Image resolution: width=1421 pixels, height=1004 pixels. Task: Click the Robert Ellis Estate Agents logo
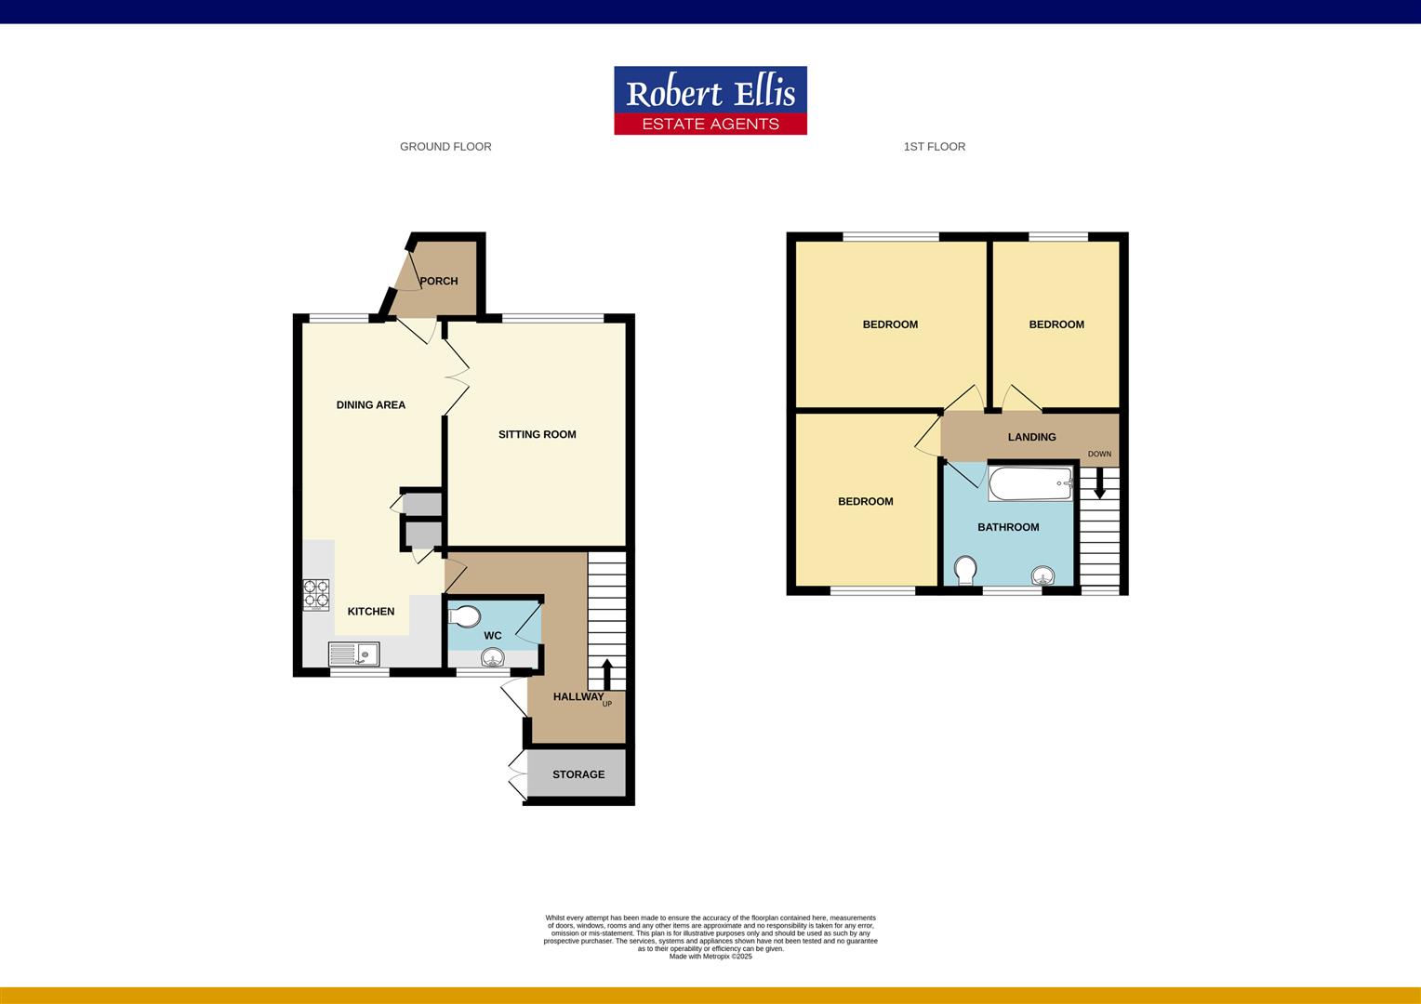point(710,100)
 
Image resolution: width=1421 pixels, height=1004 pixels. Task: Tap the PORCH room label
point(438,281)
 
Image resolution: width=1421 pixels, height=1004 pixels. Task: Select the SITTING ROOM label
point(537,434)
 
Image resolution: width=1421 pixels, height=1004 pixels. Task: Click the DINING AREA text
point(370,404)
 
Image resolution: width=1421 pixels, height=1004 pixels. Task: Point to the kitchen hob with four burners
point(316,594)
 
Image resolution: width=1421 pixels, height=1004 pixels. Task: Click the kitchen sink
point(353,654)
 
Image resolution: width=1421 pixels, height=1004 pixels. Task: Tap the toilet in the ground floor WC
point(463,615)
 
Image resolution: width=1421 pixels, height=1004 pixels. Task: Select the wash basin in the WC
point(492,658)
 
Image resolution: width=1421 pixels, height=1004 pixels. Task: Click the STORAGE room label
point(578,774)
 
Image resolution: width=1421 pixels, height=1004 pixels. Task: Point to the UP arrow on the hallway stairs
point(606,674)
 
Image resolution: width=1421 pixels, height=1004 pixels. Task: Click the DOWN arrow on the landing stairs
point(1099,482)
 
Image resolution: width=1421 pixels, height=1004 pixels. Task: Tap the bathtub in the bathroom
point(1030,483)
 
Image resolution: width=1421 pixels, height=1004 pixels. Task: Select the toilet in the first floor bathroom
point(965,571)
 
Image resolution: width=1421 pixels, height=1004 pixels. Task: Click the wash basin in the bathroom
point(1047,575)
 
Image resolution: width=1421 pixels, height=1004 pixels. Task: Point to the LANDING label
point(1031,437)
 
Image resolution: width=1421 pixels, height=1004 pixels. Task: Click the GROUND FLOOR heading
point(445,147)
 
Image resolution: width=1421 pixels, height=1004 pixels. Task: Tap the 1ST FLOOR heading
point(934,147)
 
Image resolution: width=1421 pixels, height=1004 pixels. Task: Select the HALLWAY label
point(578,696)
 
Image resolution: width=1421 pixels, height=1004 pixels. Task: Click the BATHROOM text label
point(1008,527)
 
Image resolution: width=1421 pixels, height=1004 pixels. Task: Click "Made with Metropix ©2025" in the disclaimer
point(710,957)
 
